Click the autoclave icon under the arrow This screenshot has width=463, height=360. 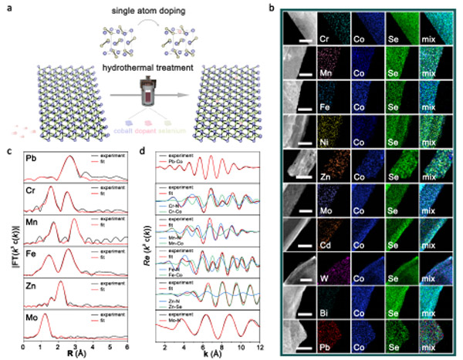[143, 100]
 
